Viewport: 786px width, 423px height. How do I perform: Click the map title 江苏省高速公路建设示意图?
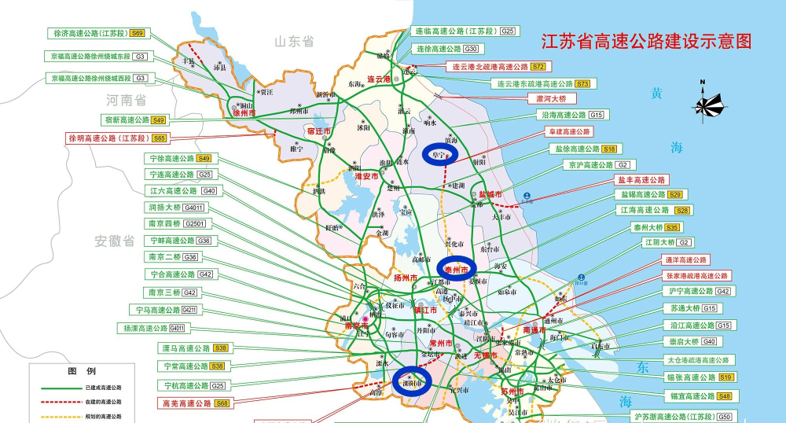[642, 41]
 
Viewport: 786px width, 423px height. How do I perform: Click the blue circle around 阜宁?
[445, 154]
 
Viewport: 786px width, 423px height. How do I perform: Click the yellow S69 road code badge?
[138, 33]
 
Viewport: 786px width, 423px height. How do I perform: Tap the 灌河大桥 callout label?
[556, 99]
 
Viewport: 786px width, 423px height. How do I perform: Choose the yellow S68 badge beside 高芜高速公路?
[222, 403]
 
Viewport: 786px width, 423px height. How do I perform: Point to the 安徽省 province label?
[116, 241]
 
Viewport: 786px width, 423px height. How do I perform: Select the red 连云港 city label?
[378, 79]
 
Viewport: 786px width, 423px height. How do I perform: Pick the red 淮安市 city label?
[367, 178]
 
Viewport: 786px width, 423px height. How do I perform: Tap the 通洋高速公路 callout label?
[686, 259]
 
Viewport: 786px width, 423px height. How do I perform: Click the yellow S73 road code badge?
[582, 83]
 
